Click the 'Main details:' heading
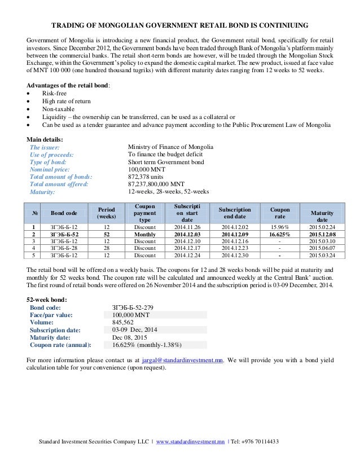pyautogui.click(x=45, y=139)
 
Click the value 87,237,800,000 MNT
pyautogui.click(x=156, y=184)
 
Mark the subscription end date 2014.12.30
pyautogui.click(x=234, y=255)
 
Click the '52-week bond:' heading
pyautogui.click(x=47, y=299)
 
